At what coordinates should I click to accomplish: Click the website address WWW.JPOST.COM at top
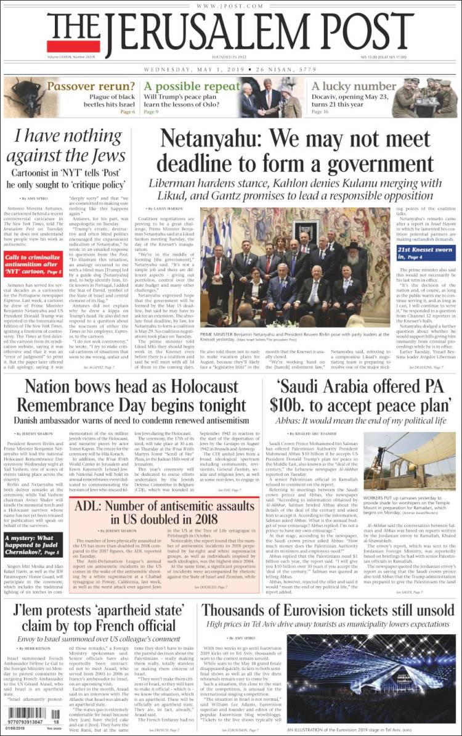[x=230, y=6]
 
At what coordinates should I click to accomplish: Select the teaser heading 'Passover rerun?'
[x=91, y=86]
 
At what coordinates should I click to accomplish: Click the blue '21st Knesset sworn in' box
[x=425, y=252]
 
